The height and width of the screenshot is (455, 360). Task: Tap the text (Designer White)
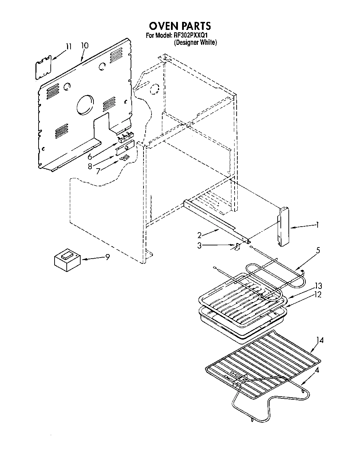(x=195, y=42)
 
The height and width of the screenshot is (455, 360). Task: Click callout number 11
(x=68, y=46)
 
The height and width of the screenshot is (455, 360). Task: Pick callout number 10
(x=84, y=46)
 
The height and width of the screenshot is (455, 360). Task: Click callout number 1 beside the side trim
(x=317, y=225)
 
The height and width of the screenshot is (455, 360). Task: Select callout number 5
(x=318, y=250)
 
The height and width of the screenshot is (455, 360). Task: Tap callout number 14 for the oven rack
(x=320, y=340)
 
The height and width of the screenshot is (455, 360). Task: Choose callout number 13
(x=318, y=286)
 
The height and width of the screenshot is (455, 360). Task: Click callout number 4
(x=317, y=370)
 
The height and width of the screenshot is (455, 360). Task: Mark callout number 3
(x=199, y=245)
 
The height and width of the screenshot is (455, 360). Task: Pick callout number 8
(x=90, y=166)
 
